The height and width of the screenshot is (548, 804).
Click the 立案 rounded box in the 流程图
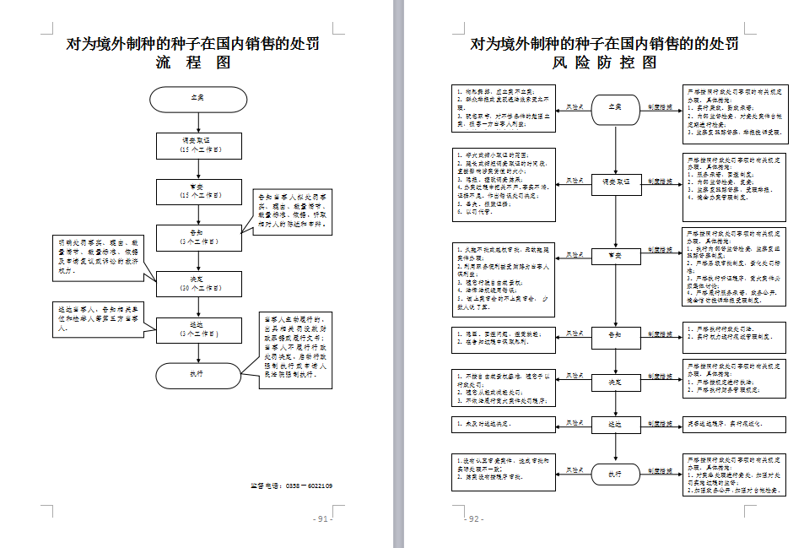198,99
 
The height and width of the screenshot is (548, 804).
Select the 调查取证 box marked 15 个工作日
198,145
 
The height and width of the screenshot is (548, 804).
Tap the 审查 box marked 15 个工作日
198,191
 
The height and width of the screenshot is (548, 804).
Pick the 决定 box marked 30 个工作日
198,284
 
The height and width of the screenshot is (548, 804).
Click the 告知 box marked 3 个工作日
198,236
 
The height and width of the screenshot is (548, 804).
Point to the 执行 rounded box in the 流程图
198,374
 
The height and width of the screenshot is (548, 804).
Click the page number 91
321,518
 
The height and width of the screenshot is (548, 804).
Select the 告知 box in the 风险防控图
616,336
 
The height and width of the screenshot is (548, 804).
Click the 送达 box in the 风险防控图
616,425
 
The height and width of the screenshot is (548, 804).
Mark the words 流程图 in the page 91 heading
193,62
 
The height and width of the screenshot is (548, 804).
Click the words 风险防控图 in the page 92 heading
604,62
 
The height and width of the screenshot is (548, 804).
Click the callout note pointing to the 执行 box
291,349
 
